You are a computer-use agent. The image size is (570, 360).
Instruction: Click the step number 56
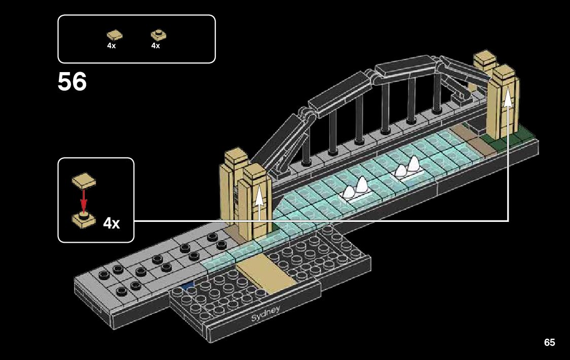click(x=72, y=82)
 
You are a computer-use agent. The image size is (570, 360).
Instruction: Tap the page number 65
click(x=549, y=343)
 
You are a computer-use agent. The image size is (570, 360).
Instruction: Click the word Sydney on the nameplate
click(x=265, y=312)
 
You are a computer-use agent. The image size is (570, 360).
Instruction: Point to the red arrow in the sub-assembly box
click(x=84, y=200)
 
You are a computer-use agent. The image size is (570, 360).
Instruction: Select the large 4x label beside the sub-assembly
click(x=112, y=223)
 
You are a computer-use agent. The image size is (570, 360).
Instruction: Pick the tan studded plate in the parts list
click(x=158, y=35)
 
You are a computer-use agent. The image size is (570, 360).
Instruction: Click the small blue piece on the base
click(x=190, y=287)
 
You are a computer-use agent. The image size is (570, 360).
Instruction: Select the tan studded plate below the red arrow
click(x=84, y=219)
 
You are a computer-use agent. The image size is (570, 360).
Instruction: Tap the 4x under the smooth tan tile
click(x=111, y=46)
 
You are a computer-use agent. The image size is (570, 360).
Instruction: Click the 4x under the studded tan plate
click(x=155, y=46)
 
